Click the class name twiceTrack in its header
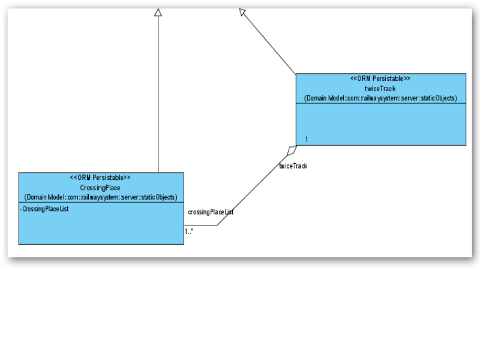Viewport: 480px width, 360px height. (x=380, y=88)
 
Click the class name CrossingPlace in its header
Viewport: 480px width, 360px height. (x=100, y=188)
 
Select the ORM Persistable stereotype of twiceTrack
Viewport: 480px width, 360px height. (x=380, y=79)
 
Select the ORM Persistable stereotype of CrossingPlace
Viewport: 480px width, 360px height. (x=100, y=178)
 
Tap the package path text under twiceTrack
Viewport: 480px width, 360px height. (x=380, y=98)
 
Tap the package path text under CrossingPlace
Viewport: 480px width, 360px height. (x=100, y=197)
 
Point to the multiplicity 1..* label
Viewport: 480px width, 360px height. (x=189, y=230)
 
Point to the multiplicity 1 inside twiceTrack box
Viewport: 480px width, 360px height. (x=307, y=139)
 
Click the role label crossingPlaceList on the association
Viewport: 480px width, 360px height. (x=211, y=212)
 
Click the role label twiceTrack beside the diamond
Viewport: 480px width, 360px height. (x=293, y=166)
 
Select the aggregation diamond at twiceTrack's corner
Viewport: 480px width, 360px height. (x=291, y=149)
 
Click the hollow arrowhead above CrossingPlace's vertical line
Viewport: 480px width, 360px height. (x=158, y=12)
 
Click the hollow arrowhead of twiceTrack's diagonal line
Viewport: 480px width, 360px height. (x=242, y=12)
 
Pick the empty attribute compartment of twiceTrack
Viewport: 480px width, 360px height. (x=380, y=124)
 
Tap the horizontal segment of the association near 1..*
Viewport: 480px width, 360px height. (x=201, y=226)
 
